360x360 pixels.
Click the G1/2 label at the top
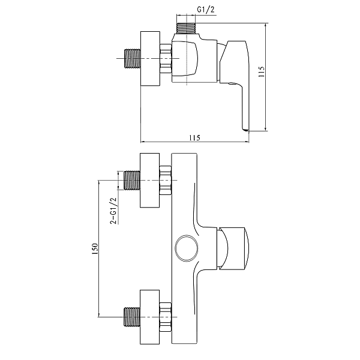tap(205, 10)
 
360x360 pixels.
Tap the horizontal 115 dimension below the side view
tap(194, 137)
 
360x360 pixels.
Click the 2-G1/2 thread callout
tap(113, 211)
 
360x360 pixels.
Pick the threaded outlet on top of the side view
tap(187, 28)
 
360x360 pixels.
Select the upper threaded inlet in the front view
tap(131, 180)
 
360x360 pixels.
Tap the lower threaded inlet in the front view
tap(131, 316)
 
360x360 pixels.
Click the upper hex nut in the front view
tap(166, 180)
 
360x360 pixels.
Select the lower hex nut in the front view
tap(166, 316)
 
